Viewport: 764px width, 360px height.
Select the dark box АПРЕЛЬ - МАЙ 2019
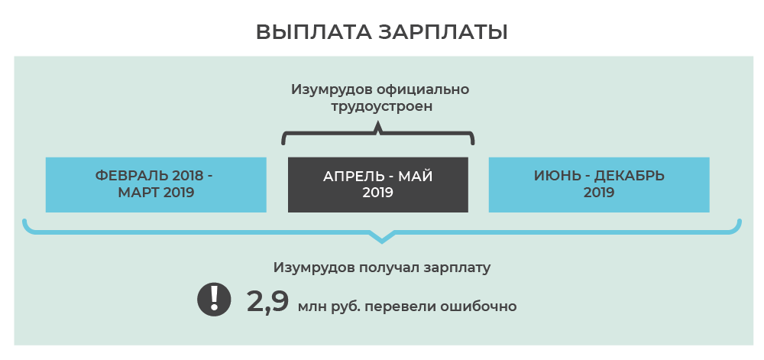coord(377,185)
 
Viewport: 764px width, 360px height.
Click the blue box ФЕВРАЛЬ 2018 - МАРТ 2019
coord(156,185)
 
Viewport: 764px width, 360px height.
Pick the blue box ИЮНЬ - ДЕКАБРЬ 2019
coord(599,185)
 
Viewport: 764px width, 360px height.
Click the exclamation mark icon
coord(215,299)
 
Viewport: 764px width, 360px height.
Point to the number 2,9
coord(267,301)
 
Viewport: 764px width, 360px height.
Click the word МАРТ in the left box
coord(136,193)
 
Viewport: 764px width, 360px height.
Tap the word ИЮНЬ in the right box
coord(552,176)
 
